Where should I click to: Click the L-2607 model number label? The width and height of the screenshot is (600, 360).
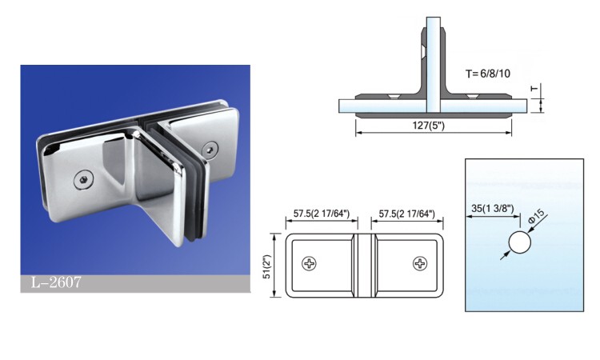pyautogui.click(x=56, y=282)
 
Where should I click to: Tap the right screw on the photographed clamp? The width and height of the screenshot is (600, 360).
pyautogui.click(x=210, y=149)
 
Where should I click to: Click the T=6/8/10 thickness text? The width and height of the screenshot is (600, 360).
pyautogui.click(x=488, y=74)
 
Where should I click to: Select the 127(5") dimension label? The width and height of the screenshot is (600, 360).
pyautogui.click(x=428, y=125)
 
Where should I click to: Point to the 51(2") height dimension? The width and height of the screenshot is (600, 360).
pyautogui.click(x=266, y=266)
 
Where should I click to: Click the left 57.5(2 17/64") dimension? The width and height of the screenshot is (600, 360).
pyautogui.click(x=322, y=213)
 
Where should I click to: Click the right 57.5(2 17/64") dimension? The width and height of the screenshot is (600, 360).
pyautogui.click(x=407, y=213)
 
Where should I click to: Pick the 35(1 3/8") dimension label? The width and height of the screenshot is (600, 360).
pyautogui.click(x=493, y=209)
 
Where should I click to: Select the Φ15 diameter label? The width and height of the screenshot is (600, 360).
pyautogui.click(x=536, y=218)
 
